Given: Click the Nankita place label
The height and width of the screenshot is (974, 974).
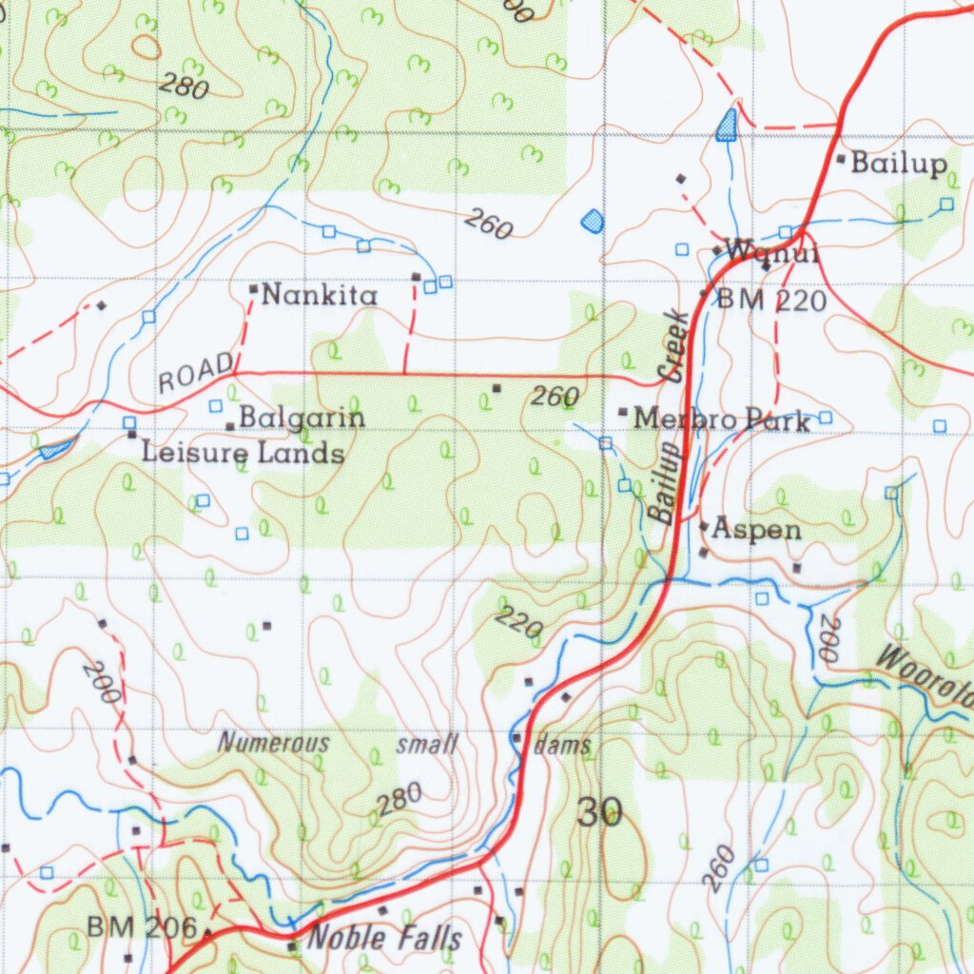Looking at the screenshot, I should coord(319,296).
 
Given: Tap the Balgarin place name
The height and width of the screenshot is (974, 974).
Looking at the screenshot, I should coord(302,418).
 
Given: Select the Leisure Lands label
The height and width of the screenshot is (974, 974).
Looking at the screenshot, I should coord(243,453).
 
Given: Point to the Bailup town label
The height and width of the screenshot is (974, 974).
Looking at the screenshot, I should coord(899,164).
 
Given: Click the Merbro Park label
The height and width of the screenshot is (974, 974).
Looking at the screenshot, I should coord(722,419).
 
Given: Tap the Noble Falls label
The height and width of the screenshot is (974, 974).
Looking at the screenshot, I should coord(386,939).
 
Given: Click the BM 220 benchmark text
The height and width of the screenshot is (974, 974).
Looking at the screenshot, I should coord(771,302).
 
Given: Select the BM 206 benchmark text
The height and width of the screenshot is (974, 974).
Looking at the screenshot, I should coord(142,926).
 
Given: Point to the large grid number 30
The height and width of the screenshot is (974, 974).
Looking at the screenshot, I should coord(599,813).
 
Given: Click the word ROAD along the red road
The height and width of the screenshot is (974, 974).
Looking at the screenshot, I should coord(196,372).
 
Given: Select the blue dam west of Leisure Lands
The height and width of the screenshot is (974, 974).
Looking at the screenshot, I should coord(56,446).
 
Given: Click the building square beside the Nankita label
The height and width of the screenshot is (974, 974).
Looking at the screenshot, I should coord(254,288).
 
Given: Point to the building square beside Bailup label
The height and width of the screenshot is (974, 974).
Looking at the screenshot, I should coord(840,158).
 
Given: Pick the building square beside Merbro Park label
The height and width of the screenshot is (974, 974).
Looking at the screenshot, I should coord(623,412).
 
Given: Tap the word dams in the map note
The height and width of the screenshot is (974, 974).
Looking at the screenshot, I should coord(563,745).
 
